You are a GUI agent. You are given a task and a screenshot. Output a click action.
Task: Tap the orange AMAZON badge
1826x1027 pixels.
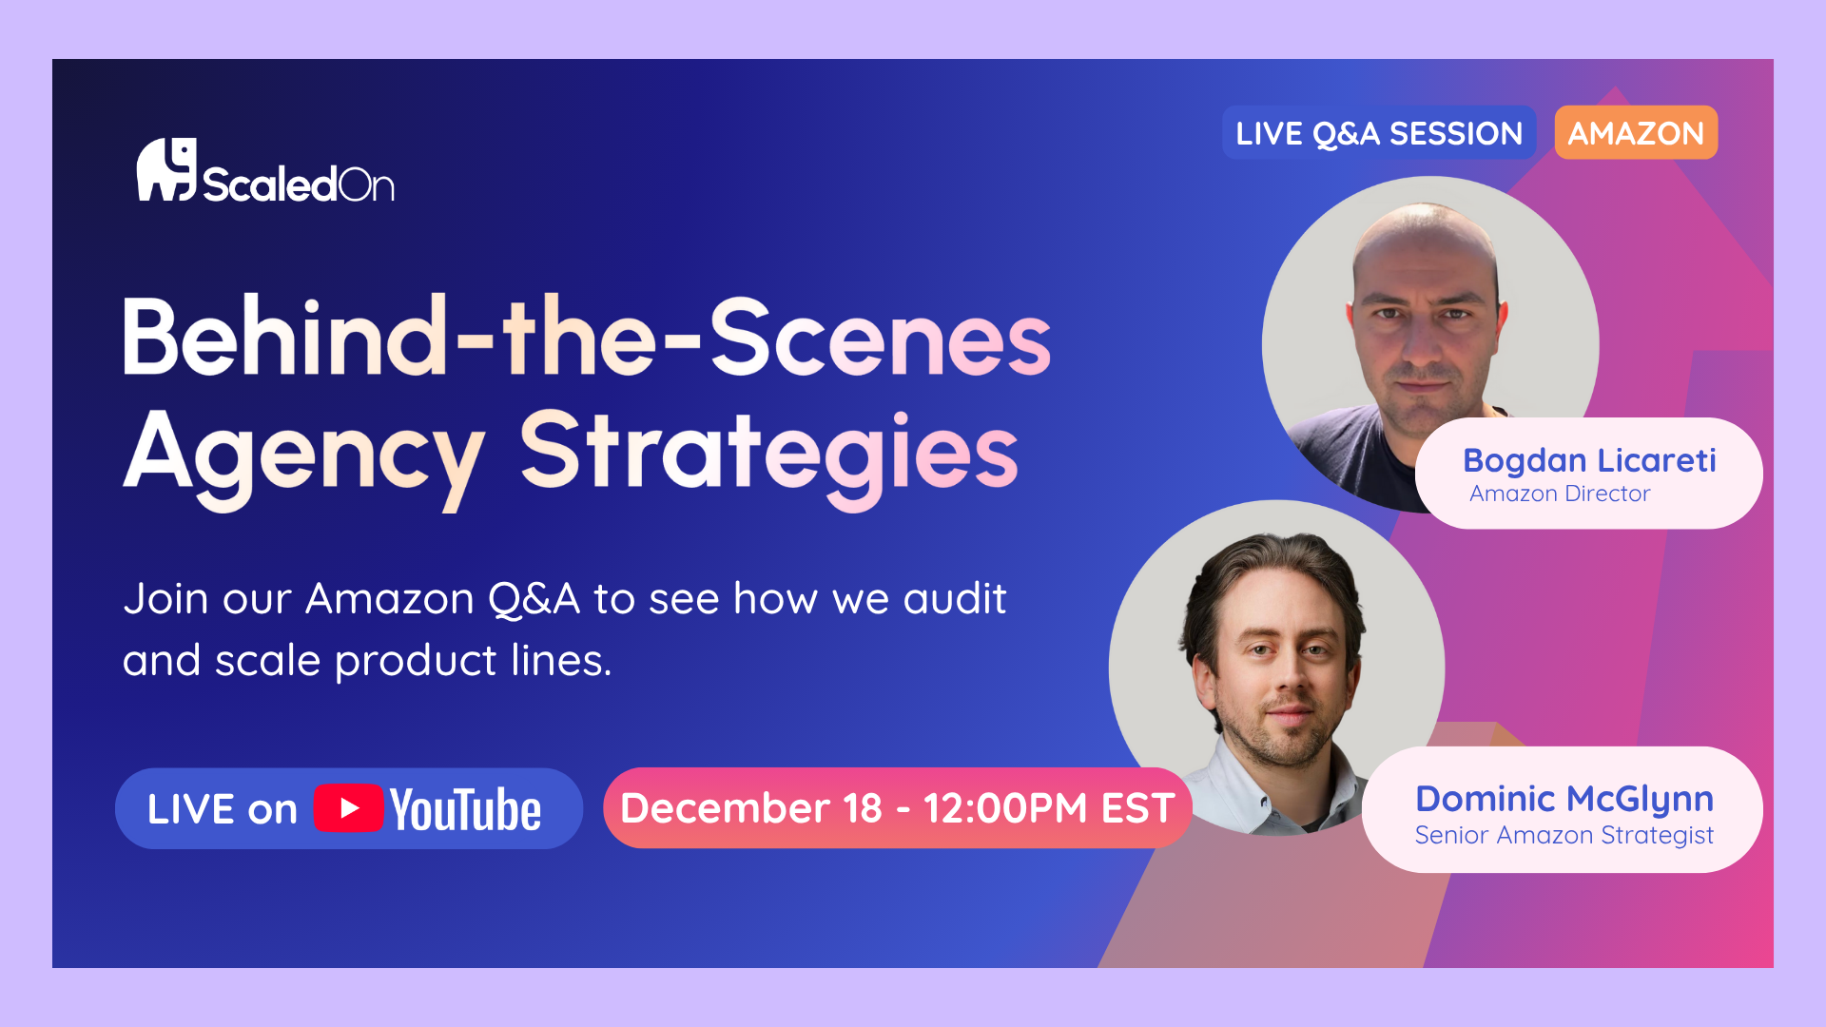pyautogui.click(x=1636, y=132)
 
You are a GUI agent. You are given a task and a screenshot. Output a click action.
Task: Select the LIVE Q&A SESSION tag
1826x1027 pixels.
pyautogui.click(x=1379, y=132)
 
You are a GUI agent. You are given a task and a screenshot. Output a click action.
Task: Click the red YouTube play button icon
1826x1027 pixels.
pyautogui.click(x=348, y=808)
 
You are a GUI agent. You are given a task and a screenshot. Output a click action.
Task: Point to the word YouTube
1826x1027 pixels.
pyautogui.click(x=465, y=809)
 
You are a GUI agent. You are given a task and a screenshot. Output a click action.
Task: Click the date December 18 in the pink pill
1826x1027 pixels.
pyautogui.click(x=751, y=808)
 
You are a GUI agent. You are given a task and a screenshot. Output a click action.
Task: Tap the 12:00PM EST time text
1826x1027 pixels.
pyautogui.click(x=1049, y=808)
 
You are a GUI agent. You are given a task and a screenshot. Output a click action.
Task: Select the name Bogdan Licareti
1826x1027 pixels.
pyautogui.click(x=1589, y=460)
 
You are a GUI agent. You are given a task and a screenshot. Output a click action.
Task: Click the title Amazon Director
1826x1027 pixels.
pyautogui.click(x=1560, y=494)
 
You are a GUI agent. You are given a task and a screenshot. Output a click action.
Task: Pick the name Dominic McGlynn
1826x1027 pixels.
pyautogui.click(x=1564, y=800)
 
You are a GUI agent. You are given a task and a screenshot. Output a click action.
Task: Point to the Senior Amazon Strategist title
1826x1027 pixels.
pyautogui.click(x=1564, y=835)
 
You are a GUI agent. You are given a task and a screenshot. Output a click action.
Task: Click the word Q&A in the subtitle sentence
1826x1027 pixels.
pyautogui.click(x=534, y=599)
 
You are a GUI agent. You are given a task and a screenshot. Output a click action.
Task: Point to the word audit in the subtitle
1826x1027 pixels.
pyautogui.click(x=954, y=599)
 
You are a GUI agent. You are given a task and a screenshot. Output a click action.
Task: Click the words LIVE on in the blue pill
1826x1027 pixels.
pyautogui.click(x=223, y=809)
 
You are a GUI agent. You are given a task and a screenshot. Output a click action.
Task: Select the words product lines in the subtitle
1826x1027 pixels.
pyautogui.click(x=474, y=661)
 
